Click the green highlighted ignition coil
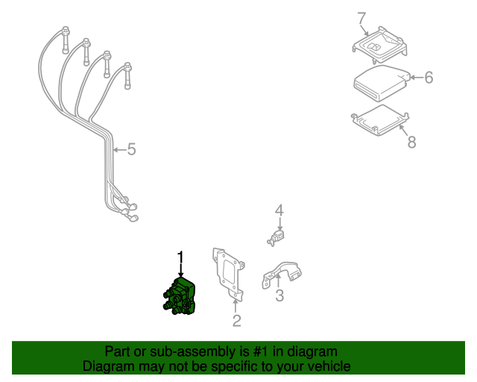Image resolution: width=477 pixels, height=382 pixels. [x=180, y=296]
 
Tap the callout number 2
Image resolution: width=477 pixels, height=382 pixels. [x=237, y=321]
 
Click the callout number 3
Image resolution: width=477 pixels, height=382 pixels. [x=279, y=295]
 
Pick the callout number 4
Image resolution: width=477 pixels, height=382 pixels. [x=279, y=210]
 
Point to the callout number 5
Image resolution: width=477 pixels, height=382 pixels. [x=131, y=149]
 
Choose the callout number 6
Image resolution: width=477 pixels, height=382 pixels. [x=429, y=78]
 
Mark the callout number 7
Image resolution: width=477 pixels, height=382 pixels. [x=361, y=18]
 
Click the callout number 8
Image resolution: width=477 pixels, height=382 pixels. [x=411, y=142]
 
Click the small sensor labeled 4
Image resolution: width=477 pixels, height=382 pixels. [x=277, y=238]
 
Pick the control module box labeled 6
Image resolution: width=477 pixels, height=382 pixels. [x=382, y=83]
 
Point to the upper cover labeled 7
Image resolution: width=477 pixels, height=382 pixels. [x=379, y=46]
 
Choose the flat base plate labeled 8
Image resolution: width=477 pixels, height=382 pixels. [x=380, y=120]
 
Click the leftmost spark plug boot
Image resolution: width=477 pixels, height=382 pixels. [x=66, y=40]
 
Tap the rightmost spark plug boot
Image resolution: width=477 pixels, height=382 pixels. [x=127, y=76]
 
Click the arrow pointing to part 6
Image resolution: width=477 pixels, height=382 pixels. [x=417, y=78]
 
